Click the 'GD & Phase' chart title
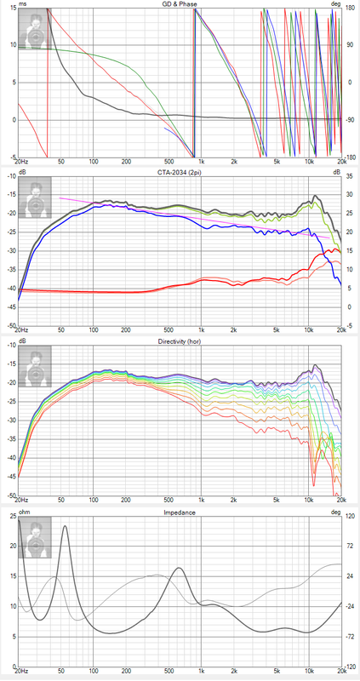point(180,4)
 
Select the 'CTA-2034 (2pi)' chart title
point(180,172)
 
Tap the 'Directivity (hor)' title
point(180,341)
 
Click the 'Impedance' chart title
point(180,512)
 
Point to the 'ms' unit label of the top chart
point(22,4)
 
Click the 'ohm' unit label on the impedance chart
point(24,512)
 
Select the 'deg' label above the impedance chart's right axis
point(335,512)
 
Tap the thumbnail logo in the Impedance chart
point(35,537)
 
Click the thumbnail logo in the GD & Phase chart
point(35,28)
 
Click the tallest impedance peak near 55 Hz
point(66,526)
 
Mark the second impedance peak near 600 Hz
point(179,568)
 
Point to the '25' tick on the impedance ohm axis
point(13,517)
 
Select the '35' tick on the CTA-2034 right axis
point(349,177)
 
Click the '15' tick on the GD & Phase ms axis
point(13,9)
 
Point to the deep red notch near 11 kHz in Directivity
point(313,484)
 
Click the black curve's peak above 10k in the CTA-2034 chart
point(315,196)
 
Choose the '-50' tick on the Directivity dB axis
point(11,495)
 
